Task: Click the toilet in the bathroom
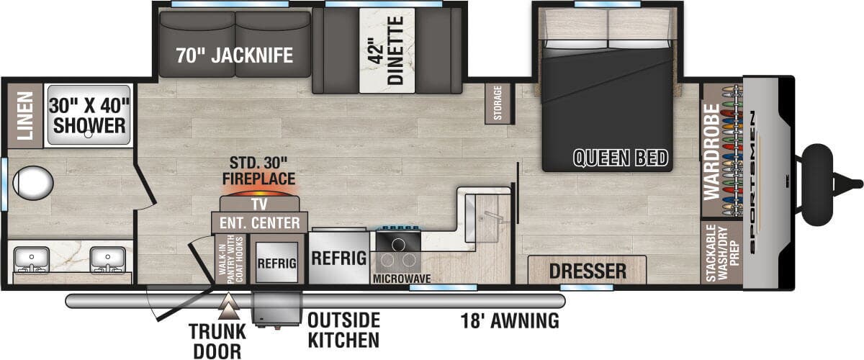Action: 33,183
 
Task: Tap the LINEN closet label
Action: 25,116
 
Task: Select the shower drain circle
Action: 89,134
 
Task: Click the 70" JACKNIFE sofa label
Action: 235,55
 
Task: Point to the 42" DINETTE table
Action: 387,50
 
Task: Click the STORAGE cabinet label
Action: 498,103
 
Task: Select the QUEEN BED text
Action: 620,158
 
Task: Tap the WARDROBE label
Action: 711,152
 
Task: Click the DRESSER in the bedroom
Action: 587,270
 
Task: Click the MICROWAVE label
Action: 402,279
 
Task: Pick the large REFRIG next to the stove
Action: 339,258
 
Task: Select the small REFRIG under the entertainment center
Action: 277,263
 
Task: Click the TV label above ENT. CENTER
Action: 259,204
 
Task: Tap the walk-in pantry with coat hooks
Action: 230,259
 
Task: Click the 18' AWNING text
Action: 510,320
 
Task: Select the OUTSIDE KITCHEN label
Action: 343,330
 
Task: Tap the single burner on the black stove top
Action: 398,244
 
